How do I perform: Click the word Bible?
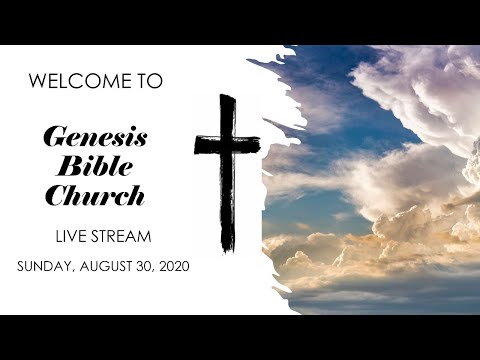coord(95,167)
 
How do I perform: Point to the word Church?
coord(95,195)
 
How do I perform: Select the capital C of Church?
coord(56,195)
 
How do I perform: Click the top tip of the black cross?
coord(227,98)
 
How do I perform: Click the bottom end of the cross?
coord(228,247)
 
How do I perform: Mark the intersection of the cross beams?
coord(227,145)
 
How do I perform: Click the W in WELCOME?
coord(38,82)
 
